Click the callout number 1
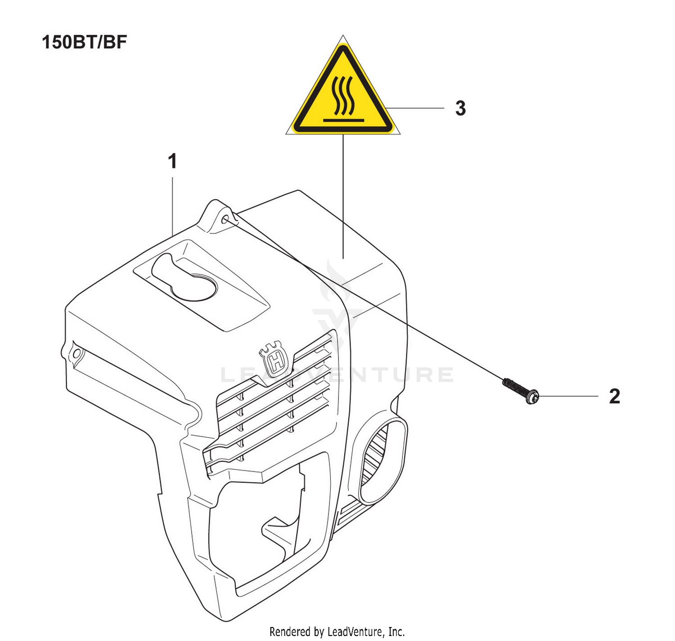(x=173, y=161)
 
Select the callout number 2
(x=614, y=396)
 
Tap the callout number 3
(x=460, y=108)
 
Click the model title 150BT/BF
(x=85, y=43)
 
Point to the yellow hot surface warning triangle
(x=342, y=89)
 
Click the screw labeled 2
(x=521, y=390)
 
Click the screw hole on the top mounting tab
(x=225, y=219)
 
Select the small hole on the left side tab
(x=77, y=353)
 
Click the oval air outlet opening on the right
(x=382, y=460)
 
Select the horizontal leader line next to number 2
(x=568, y=396)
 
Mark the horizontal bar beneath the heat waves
(x=342, y=120)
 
